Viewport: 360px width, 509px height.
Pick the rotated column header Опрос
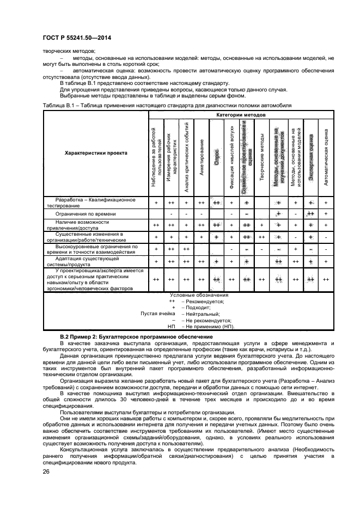point(216,153)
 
